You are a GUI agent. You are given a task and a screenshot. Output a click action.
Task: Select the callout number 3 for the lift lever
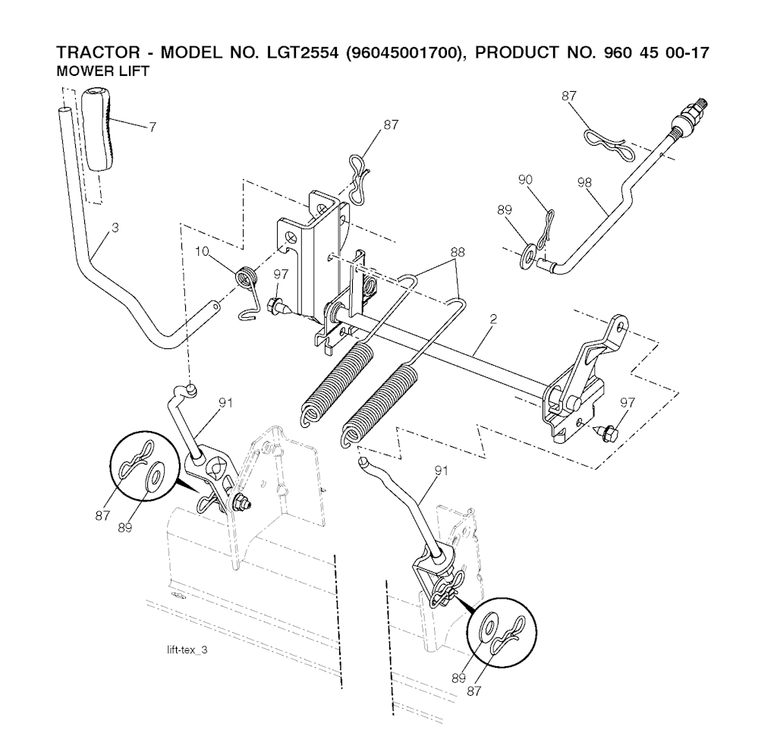click(115, 228)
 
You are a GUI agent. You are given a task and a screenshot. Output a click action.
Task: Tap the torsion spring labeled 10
click(245, 276)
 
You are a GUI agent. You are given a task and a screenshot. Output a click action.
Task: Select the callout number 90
click(525, 179)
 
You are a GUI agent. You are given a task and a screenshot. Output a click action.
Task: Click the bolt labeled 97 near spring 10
click(276, 307)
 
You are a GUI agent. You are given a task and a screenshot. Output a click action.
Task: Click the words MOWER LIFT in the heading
click(102, 72)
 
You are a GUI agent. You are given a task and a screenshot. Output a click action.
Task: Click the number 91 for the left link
click(225, 403)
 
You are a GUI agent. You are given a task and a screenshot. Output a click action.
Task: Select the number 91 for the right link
click(442, 470)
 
